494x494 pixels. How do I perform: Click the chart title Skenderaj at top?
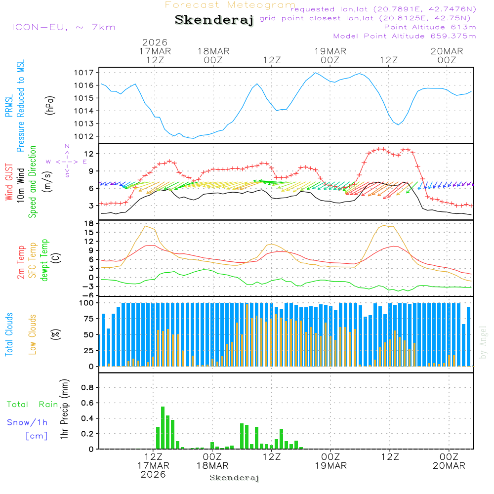coord(214,20)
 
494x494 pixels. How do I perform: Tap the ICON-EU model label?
coord(63,27)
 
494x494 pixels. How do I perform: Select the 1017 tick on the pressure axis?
coord(83,73)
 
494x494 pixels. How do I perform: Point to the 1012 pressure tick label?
coord(83,136)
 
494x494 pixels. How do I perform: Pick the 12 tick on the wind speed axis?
coord(89,154)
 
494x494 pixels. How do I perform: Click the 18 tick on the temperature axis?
coord(89,224)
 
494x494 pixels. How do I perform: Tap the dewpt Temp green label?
coord(44,260)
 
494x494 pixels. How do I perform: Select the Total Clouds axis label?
coord(9,334)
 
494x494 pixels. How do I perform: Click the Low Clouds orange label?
coord(33,334)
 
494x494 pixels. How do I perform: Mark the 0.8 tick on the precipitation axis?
coord(87,387)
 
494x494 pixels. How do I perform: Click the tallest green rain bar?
coord(163,427)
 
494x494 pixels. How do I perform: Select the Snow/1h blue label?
coord(28,422)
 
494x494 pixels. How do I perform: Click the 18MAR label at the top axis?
coord(213,51)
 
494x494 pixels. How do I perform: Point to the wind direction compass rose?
coord(67,161)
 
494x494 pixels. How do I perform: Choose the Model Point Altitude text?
coord(404,36)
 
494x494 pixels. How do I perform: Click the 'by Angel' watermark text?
coord(483,342)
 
